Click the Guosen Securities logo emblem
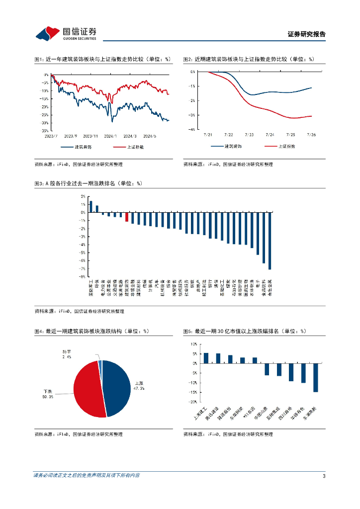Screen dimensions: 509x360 [x=47, y=33]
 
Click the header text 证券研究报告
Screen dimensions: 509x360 [x=307, y=34]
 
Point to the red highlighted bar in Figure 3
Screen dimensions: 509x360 [x=127, y=217]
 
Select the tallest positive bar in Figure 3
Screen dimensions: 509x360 [x=90, y=206]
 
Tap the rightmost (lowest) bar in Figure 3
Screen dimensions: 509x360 [x=270, y=241]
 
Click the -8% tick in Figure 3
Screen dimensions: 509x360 [x=83, y=276]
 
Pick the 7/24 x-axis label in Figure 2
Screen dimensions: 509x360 [x=270, y=134]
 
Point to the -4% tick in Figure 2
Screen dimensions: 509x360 [x=192, y=129]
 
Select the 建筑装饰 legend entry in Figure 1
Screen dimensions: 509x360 [x=83, y=147]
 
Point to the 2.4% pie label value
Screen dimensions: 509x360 [x=67, y=357]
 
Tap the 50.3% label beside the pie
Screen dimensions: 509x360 [x=48, y=397]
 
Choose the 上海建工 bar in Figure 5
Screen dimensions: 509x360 [x=206, y=358]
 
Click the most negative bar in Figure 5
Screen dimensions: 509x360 [x=315, y=377]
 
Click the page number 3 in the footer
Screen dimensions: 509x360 [x=324, y=477]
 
